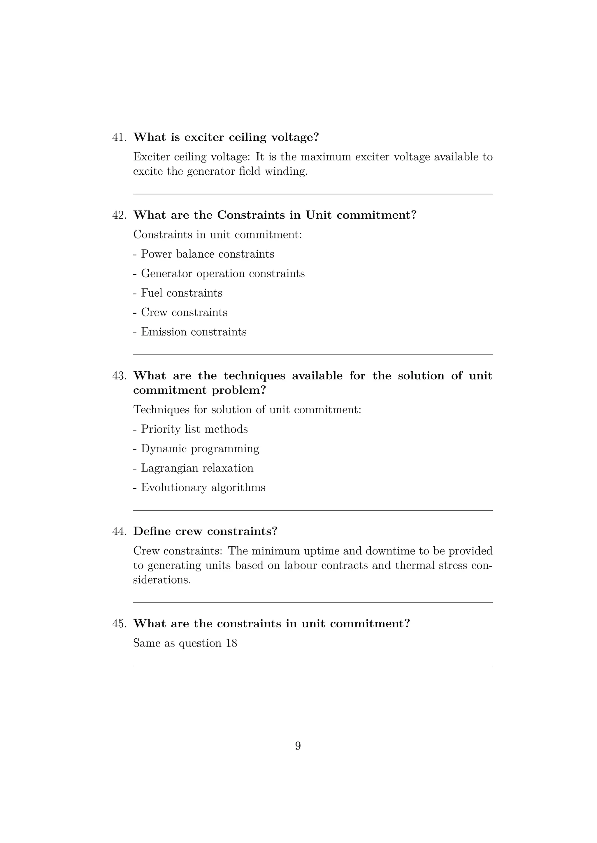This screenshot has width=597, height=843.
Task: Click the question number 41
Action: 119,137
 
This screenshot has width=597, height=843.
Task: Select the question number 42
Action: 119,215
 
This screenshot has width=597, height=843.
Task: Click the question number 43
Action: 119,376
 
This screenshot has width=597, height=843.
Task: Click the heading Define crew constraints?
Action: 205,531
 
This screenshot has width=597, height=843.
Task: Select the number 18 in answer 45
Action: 231,643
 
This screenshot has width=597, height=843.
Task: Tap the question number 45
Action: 119,624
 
